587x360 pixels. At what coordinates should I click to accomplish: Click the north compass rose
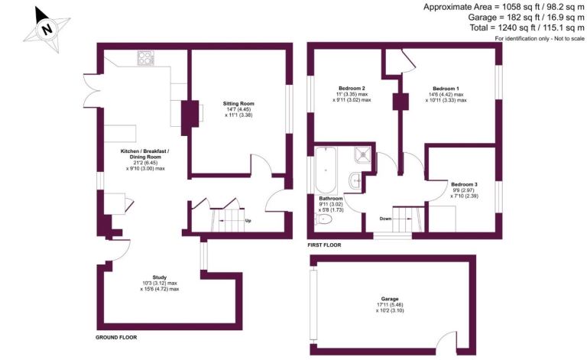tap(47, 29)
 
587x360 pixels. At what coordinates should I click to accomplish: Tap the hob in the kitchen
tap(146, 58)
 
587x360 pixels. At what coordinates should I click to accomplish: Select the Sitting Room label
tap(238, 104)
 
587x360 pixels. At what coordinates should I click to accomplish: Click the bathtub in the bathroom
tap(326, 170)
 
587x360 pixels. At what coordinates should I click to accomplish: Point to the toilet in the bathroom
tap(324, 219)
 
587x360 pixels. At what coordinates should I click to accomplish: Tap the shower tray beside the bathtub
tap(363, 154)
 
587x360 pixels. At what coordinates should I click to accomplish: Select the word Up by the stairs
tap(248, 221)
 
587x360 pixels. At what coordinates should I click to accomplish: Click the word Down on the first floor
tap(385, 219)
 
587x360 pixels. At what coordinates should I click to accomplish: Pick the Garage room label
tap(390, 299)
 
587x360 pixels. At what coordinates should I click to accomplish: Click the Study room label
tap(160, 277)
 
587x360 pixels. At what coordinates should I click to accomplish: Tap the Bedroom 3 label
tap(464, 184)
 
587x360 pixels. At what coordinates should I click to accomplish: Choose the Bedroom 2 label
tap(352, 89)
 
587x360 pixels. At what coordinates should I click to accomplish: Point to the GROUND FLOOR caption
tap(116, 337)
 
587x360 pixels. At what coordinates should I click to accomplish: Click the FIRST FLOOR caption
tap(324, 245)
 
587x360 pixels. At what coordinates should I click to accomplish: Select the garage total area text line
tap(526, 18)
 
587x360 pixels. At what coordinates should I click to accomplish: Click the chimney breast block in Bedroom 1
tap(401, 102)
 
